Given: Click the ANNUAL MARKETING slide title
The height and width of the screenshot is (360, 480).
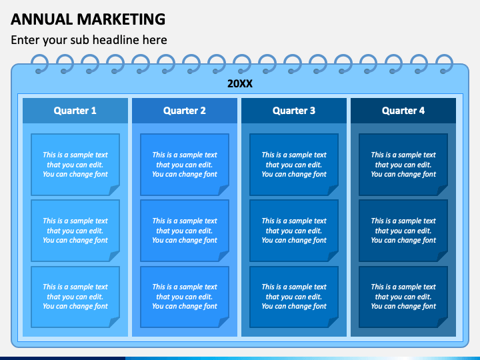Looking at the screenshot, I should [x=88, y=19].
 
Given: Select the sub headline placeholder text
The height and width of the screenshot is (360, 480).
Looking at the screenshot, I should [x=89, y=40].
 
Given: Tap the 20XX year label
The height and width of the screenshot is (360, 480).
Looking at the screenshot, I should [x=239, y=84].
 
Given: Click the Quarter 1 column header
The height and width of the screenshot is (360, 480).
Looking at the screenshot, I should [x=75, y=111].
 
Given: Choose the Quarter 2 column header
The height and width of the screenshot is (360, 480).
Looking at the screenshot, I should [x=185, y=111].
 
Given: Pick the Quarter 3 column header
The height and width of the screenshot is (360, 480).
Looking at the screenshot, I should [x=294, y=111].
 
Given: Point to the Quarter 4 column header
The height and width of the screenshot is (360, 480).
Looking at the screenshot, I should [x=403, y=111].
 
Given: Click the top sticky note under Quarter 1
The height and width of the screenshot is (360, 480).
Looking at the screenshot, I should [x=75, y=165].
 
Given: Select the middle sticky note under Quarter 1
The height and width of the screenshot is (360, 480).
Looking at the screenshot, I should [x=75, y=231].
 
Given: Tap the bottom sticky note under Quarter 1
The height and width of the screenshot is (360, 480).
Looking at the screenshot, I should [x=75, y=297].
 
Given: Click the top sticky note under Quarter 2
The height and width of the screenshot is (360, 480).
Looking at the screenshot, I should [x=185, y=165].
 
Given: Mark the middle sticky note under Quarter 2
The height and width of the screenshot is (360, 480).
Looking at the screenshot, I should [x=185, y=231].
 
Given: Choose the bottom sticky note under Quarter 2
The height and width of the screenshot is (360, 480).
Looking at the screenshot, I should [x=185, y=297].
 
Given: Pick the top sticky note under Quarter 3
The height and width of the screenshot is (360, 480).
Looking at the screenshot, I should [x=294, y=165].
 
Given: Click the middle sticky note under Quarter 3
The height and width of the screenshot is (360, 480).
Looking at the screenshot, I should [x=294, y=231].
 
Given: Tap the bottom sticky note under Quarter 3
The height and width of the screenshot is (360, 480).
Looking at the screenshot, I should [x=294, y=297].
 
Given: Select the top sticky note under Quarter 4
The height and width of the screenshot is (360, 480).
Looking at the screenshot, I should [x=403, y=165].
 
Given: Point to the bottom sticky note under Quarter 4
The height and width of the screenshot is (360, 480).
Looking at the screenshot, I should [x=403, y=297].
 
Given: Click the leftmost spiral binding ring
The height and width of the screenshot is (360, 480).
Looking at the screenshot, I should [x=40, y=64].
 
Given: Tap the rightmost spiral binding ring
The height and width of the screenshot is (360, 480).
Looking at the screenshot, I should [x=443, y=64].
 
